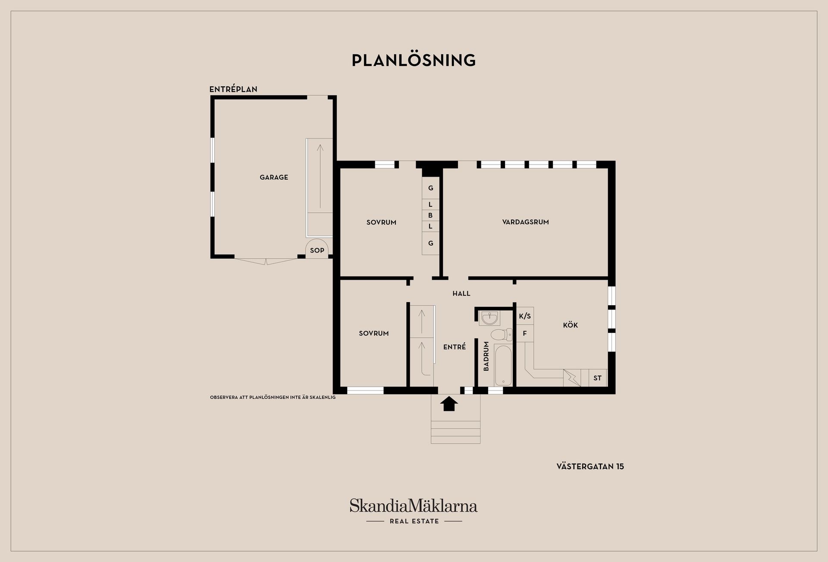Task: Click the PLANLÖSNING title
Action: (x=414, y=60)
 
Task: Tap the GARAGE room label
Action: (x=274, y=177)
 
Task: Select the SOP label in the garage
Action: (x=317, y=250)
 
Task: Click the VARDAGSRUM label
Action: (x=525, y=222)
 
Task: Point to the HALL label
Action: (x=461, y=294)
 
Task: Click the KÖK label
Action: (x=570, y=325)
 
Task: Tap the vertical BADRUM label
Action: (x=486, y=356)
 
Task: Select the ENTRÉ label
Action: (x=455, y=347)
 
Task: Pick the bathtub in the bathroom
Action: (x=503, y=365)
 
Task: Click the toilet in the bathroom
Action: (x=501, y=335)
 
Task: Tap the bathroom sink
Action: (x=489, y=318)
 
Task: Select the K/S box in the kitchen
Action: (x=525, y=316)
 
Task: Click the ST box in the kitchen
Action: (x=598, y=378)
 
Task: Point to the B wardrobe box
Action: (x=430, y=215)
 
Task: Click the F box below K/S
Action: (x=525, y=333)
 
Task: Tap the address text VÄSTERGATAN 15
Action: (x=590, y=466)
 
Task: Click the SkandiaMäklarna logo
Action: (x=414, y=511)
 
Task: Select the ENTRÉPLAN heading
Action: (x=233, y=89)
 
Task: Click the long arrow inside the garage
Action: (x=320, y=176)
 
